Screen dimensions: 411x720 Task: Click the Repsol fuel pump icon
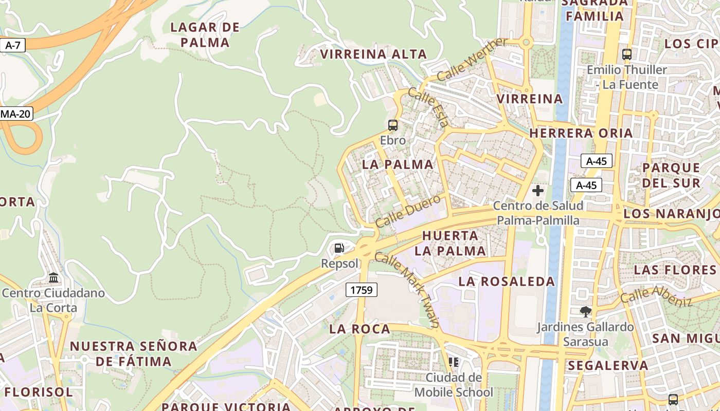coord(339,249)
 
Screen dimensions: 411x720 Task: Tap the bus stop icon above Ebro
coord(393,125)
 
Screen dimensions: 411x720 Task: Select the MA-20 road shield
coord(16,114)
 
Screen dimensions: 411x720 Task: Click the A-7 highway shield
coord(12,45)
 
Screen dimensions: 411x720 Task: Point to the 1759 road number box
coord(361,290)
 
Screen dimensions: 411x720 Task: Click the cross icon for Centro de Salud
coord(538,191)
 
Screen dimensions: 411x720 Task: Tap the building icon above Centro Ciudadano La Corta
coord(53,278)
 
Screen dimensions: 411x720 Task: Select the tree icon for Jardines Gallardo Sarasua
coord(585,311)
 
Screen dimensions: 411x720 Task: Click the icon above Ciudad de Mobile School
coord(453,362)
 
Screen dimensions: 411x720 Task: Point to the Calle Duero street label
coord(408,211)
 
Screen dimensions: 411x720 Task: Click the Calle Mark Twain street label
coord(407,289)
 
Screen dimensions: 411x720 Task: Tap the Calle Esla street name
coord(428,107)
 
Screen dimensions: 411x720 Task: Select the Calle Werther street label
coord(472,60)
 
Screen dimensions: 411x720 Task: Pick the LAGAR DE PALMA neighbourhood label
coord(205,35)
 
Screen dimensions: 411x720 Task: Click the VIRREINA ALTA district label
coord(373,54)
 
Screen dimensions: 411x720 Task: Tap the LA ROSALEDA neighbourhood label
coord(507,282)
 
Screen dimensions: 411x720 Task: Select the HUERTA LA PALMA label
coord(451,243)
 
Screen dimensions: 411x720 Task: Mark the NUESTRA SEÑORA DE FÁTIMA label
coord(134,353)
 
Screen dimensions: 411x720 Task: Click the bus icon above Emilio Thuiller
coord(627,54)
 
